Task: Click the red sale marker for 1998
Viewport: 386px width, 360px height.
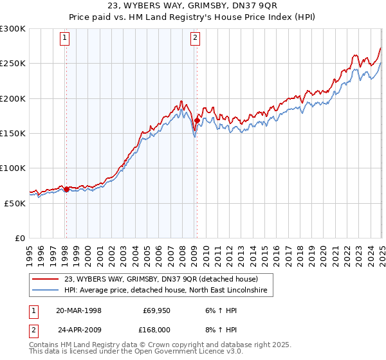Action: coord(66,189)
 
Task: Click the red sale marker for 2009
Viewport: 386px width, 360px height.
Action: coord(197,121)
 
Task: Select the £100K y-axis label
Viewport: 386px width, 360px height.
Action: coord(13,168)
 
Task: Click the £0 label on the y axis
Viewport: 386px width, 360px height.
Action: coord(19,238)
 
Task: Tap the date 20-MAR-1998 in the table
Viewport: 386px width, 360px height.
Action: coord(78,310)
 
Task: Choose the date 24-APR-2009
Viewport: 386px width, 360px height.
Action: coord(78,329)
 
